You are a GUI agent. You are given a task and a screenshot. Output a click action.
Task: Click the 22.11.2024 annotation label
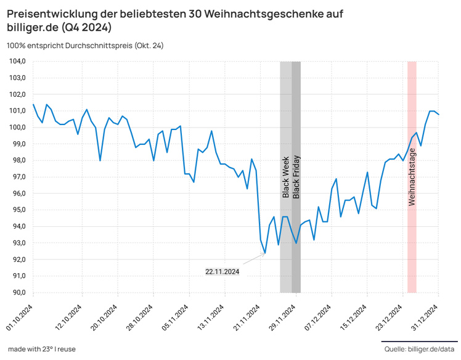tap(222, 271)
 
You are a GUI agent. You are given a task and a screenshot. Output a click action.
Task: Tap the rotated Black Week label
tap(286, 177)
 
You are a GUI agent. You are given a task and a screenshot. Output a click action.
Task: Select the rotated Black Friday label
tap(296, 176)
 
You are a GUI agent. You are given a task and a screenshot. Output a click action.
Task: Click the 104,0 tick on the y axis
tap(17, 62)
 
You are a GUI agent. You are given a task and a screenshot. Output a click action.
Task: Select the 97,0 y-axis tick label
tap(17, 177)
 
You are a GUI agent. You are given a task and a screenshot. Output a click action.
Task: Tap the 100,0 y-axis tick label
tap(17, 128)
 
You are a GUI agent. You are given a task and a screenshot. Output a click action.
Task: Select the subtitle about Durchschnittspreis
tap(85, 46)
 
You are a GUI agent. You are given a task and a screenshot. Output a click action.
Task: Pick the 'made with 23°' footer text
tap(42, 350)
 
